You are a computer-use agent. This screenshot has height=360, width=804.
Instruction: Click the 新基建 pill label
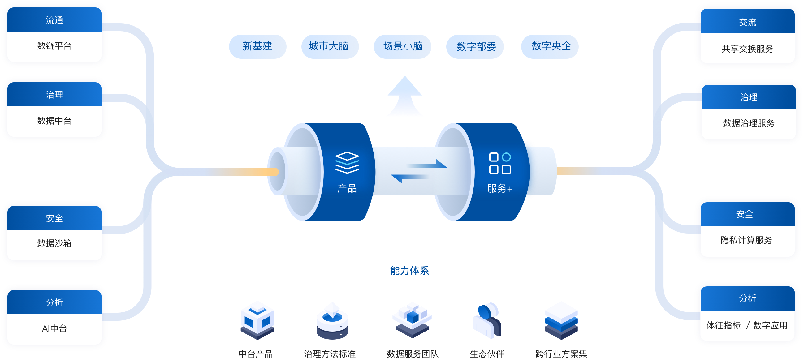[257, 46]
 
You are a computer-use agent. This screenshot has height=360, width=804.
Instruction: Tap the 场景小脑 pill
[402, 46]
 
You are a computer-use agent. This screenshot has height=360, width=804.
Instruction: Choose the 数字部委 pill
[476, 46]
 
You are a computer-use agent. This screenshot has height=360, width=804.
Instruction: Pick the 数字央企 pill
[551, 46]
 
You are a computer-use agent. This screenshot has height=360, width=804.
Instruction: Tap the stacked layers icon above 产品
[347, 163]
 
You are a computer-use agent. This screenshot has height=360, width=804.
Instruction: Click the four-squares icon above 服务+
[500, 163]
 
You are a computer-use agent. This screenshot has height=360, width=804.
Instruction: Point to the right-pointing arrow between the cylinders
[428, 165]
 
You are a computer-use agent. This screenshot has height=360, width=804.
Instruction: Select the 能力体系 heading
[409, 271]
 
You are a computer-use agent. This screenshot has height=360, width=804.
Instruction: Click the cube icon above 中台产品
[257, 320]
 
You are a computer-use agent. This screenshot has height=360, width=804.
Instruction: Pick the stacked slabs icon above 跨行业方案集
[561, 320]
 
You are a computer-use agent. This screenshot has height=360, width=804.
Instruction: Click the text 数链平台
[54, 46]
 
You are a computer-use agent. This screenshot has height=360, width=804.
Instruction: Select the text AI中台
[54, 328]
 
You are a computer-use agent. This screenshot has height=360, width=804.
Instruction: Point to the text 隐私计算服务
[746, 240]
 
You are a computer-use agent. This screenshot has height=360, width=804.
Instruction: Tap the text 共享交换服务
[747, 49]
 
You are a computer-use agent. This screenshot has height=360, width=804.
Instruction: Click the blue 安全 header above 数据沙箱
[54, 218]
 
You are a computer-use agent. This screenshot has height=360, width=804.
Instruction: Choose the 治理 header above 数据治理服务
[749, 97]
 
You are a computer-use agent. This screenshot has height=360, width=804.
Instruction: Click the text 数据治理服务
[749, 123]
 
